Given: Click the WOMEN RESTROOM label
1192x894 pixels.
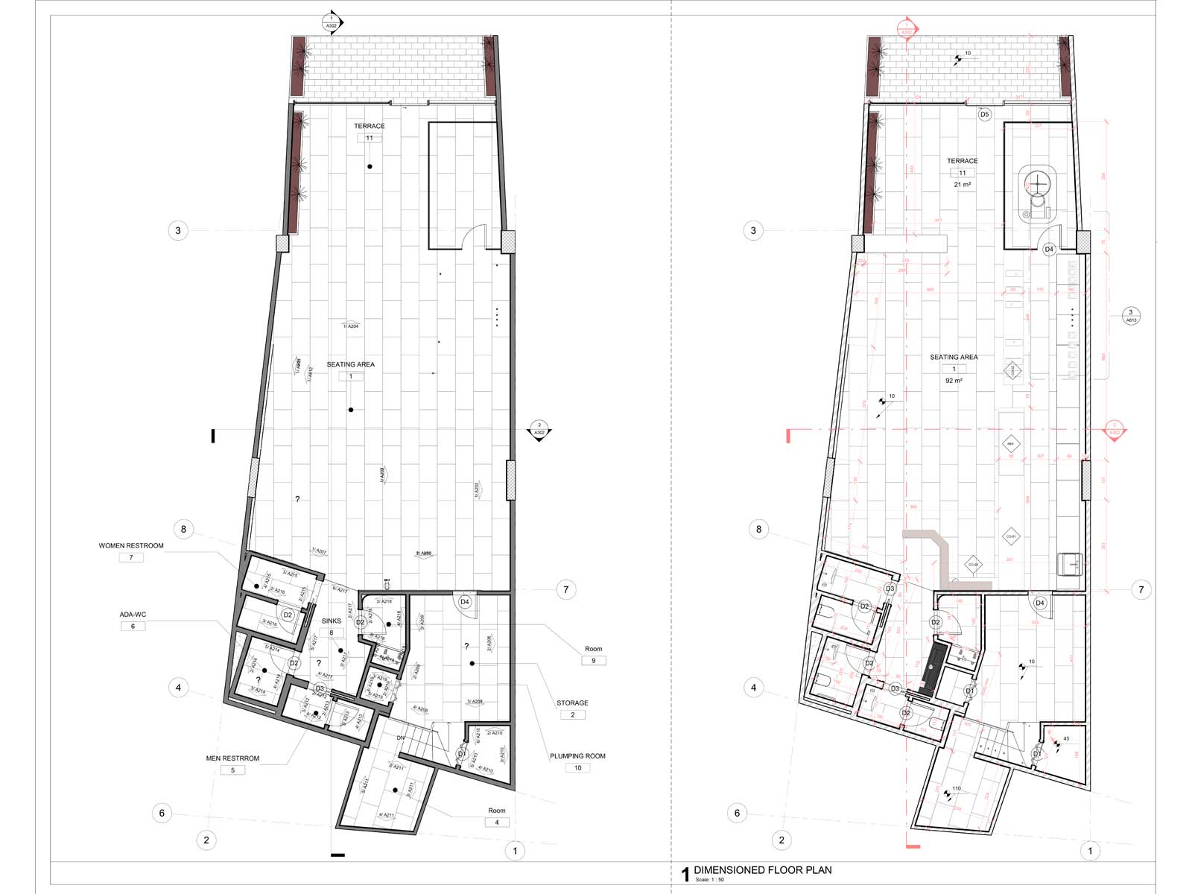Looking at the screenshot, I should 131,546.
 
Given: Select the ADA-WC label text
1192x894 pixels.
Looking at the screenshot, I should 133,615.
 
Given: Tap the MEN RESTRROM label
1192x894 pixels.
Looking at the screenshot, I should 232,758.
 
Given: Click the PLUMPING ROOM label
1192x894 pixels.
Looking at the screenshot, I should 577,756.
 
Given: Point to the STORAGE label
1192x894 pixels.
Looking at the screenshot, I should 572,703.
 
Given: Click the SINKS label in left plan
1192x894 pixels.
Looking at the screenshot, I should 332,621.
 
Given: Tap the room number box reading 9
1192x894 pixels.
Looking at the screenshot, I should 594,661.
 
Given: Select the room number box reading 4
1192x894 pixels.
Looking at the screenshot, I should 497,822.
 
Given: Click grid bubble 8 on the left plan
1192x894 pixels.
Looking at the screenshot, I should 183,530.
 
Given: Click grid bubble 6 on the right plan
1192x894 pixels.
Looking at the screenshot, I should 737,813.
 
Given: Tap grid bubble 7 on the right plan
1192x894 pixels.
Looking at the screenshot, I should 1141,590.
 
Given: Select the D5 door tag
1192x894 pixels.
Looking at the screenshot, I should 984,115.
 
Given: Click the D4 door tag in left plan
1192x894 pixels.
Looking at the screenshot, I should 465,602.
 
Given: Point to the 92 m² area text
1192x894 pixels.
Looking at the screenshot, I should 954,381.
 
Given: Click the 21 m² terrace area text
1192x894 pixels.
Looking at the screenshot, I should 962,185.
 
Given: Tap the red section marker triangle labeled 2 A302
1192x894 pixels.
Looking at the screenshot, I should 1115,431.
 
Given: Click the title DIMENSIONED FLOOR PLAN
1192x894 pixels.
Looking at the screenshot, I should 762,870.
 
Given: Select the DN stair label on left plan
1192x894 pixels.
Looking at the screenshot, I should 400,738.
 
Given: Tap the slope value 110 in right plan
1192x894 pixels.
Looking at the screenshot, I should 956,788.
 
